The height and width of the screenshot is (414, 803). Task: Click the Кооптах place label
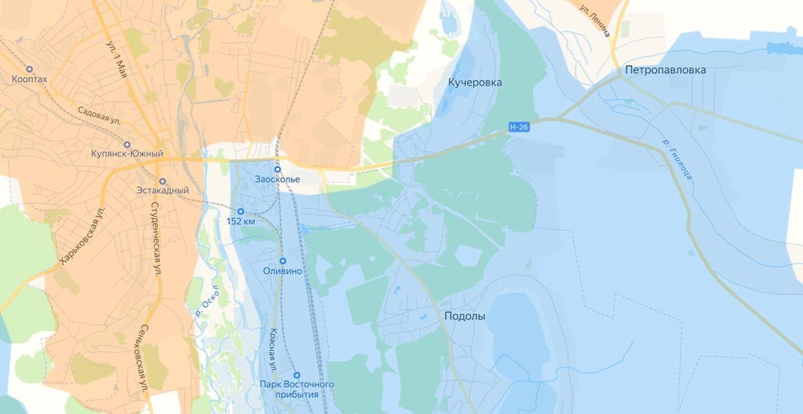[x=29, y=80]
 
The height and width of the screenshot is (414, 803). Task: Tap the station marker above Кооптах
[x=29, y=69]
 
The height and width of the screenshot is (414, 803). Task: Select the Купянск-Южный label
[x=127, y=154]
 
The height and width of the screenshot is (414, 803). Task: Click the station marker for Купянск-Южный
[x=127, y=144]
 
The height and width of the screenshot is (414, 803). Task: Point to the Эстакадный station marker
[x=162, y=181]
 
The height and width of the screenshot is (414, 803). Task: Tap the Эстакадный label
[x=162, y=191]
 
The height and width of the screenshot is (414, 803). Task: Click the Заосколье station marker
[x=277, y=169]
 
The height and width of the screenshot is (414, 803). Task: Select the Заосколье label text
[x=277, y=179]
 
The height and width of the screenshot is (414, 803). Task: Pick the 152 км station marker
[x=241, y=211]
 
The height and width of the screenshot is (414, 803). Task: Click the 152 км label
[x=241, y=221]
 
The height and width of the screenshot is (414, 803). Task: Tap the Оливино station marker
[x=282, y=261]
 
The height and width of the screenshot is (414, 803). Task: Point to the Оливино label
[x=282, y=272]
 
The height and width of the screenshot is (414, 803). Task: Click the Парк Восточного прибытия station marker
[x=297, y=375]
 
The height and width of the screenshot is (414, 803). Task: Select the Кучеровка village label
[x=474, y=82]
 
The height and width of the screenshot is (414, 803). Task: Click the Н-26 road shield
[x=519, y=126]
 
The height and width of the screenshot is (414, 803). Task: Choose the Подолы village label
[x=464, y=316]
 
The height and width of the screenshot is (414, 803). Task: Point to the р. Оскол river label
[x=207, y=300]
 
